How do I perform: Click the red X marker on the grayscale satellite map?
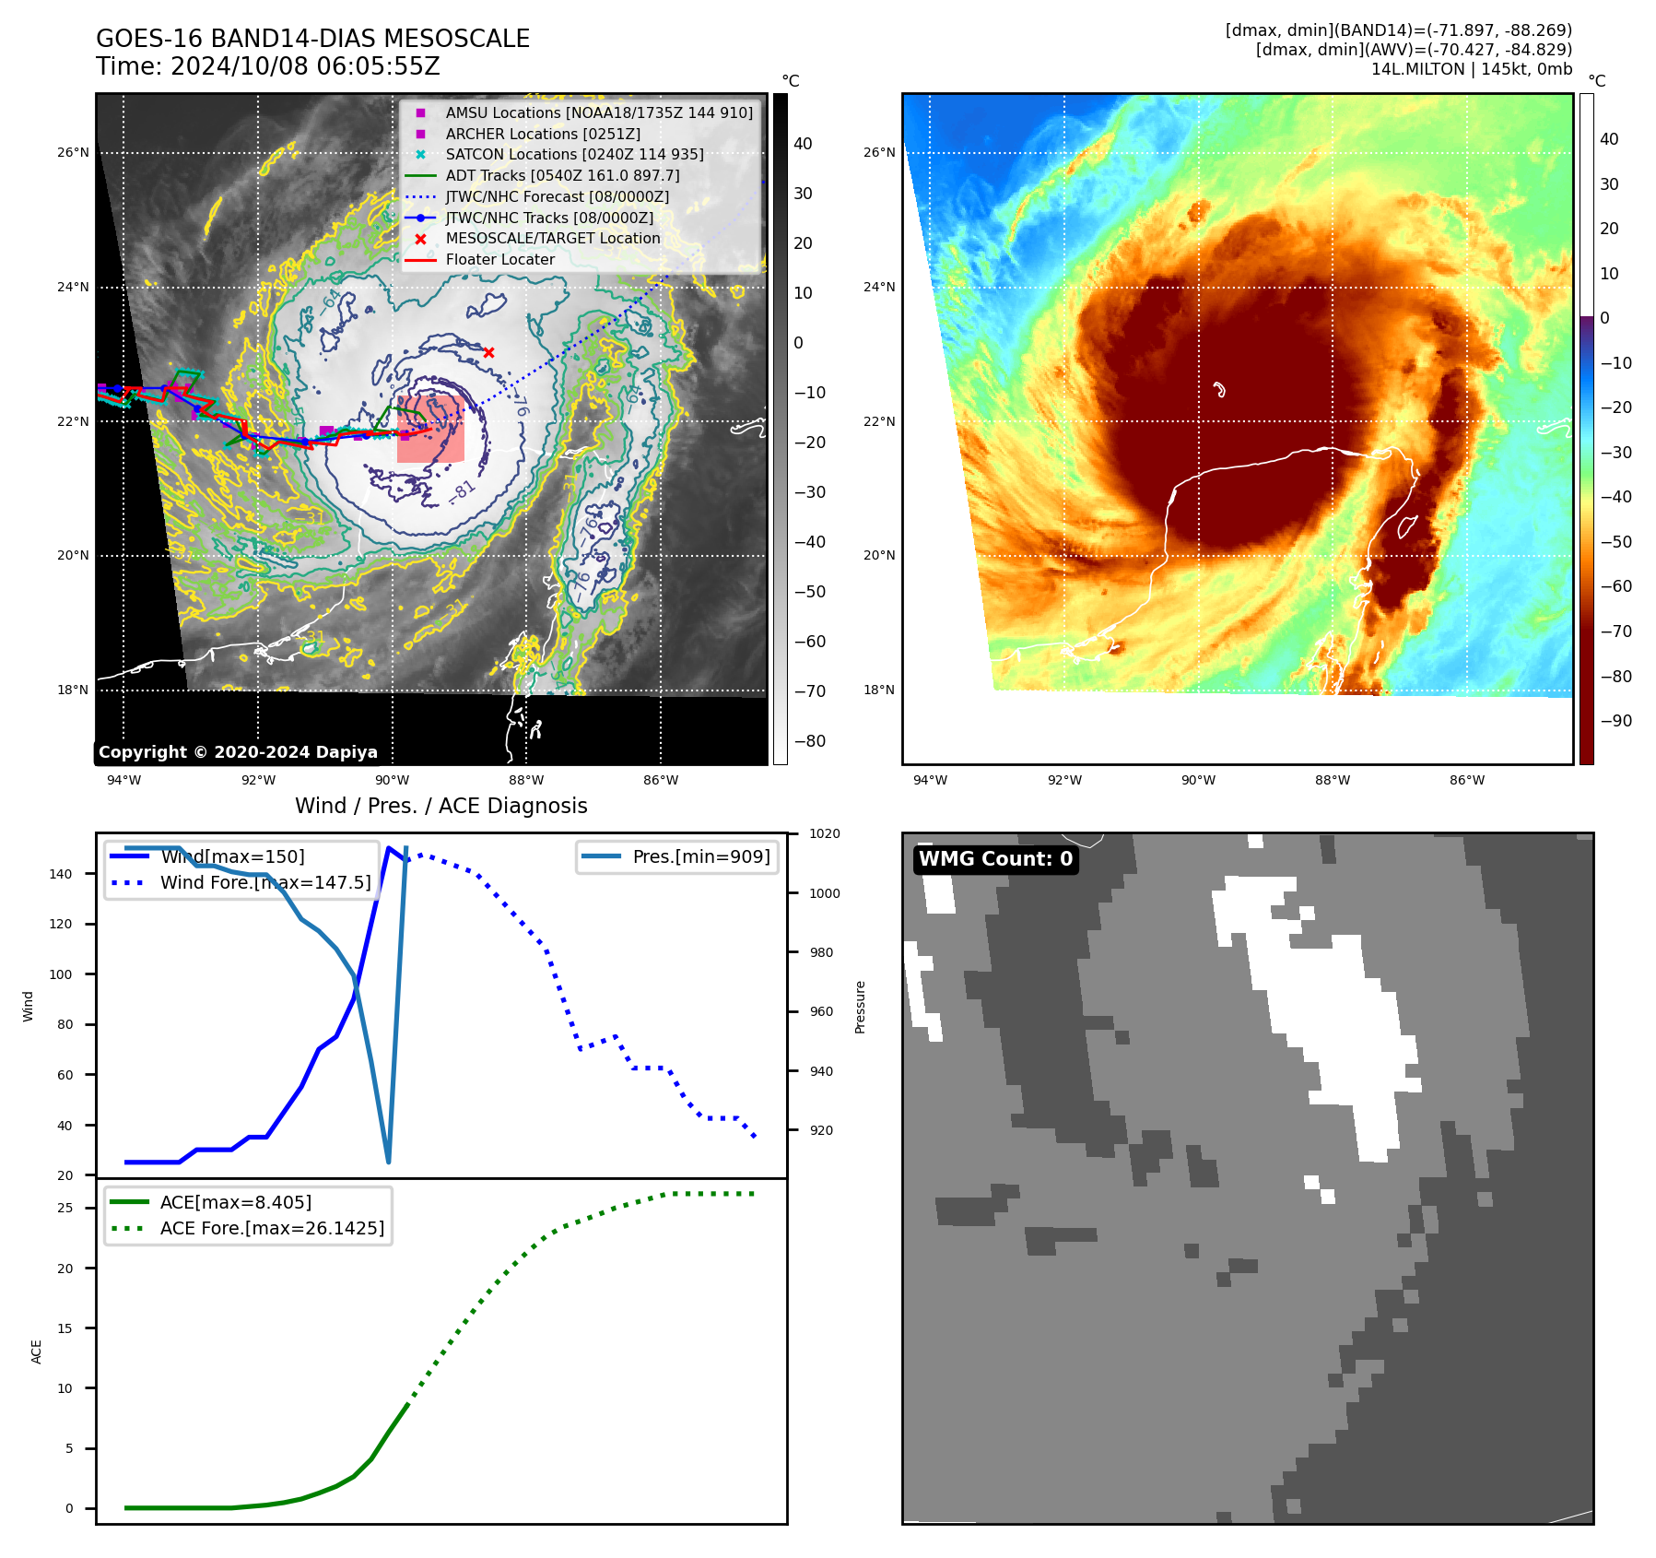click(x=488, y=352)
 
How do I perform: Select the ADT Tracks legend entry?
click(x=562, y=175)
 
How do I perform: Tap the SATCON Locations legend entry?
click(x=574, y=154)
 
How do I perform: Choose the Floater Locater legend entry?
click(x=499, y=259)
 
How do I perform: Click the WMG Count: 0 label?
click(x=995, y=859)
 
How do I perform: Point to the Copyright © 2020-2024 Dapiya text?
click(x=238, y=752)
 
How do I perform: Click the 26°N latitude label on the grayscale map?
click(x=73, y=152)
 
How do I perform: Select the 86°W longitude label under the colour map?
click(x=1466, y=780)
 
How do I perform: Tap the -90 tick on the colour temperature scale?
click(x=1615, y=721)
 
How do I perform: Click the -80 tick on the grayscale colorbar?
click(x=810, y=741)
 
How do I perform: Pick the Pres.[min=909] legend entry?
click(x=700, y=856)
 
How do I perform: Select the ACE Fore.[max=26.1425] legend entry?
click(x=272, y=1228)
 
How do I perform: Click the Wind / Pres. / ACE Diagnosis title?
click(x=440, y=806)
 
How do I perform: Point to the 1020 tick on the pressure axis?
click(x=824, y=833)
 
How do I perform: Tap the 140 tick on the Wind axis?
click(x=61, y=874)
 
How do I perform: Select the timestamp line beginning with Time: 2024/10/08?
click(x=268, y=66)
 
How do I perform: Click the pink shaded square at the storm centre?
click(x=430, y=429)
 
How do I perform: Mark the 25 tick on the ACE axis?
click(x=65, y=1208)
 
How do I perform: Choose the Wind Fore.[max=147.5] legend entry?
click(x=265, y=882)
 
